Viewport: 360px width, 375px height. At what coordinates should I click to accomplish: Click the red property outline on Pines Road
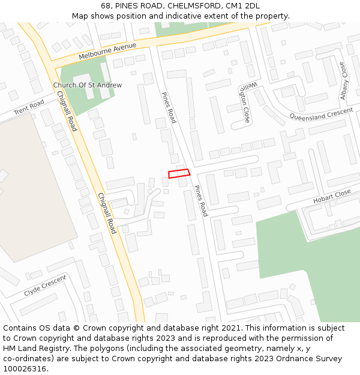coord(179,173)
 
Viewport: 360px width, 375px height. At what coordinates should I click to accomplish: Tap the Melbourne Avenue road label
coord(107,52)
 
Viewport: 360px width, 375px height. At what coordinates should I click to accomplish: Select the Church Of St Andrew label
coord(88,85)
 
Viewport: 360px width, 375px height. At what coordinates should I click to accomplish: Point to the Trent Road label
coord(29,107)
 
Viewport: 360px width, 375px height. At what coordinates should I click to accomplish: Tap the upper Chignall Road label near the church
coord(67,111)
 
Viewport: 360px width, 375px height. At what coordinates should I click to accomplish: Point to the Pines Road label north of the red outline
coord(169,108)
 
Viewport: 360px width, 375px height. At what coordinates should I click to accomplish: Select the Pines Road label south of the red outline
coord(200,201)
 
